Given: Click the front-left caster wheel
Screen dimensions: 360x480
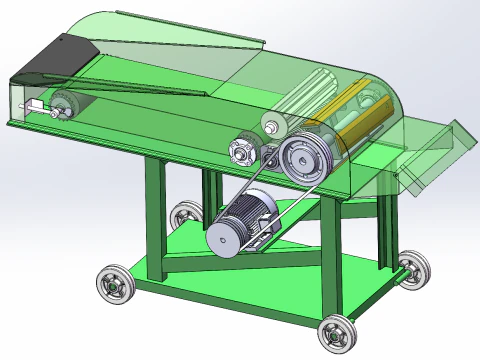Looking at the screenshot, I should [113, 285].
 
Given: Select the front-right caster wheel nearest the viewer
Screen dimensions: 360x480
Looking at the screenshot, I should [338, 333].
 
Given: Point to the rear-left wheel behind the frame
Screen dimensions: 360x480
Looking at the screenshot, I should [183, 214].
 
